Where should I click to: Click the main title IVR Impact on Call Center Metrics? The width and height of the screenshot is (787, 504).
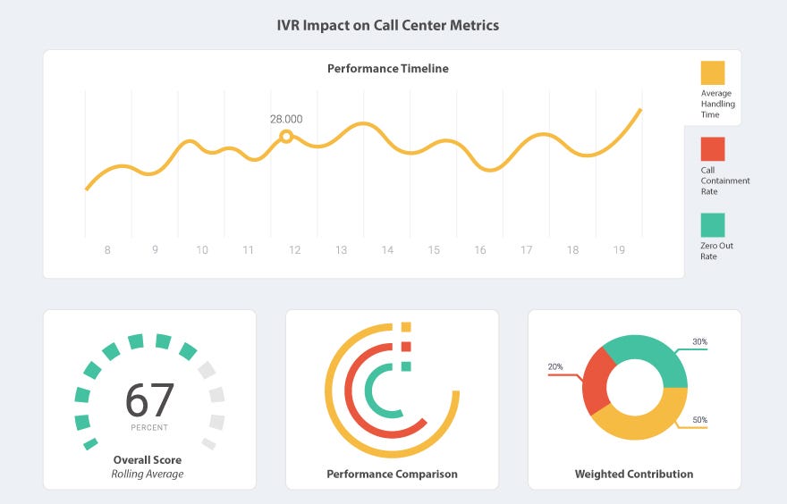pyautogui.click(x=388, y=25)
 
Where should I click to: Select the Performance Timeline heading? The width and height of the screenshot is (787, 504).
pyautogui.click(x=388, y=69)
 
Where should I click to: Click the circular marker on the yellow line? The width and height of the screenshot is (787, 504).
pyautogui.click(x=286, y=137)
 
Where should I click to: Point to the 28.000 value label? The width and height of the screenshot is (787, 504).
pyautogui.click(x=286, y=119)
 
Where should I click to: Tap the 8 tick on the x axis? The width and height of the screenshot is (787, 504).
pyautogui.click(x=107, y=250)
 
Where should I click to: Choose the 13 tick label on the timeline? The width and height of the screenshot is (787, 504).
pyautogui.click(x=341, y=250)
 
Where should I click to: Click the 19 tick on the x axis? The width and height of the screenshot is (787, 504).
pyautogui.click(x=619, y=250)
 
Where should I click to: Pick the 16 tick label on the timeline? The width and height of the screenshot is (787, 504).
pyautogui.click(x=480, y=250)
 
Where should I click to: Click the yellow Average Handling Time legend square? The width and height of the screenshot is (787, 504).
pyautogui.click(x=713, y=72)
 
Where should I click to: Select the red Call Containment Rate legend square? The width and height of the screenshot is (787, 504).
pyautogui.click(x=713, y=148)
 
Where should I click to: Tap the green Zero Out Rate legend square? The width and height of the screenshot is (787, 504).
pyautogui.click(x=713, y=224)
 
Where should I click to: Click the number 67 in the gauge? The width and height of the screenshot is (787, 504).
pyautogui.click(x=149, y=400)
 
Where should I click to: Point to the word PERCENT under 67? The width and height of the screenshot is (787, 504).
pyautogui.click(x=149, y=427)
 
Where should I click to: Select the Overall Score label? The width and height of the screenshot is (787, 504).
pyautogui.click(x=148, y=459)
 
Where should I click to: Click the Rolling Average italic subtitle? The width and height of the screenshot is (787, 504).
pyautogui.click(x=148, y=474)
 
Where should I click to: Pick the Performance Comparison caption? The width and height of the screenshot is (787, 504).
pyautogui.click(x=392, y=474)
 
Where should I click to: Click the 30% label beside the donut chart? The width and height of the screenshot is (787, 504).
pyautogui.click(x=699, y=341)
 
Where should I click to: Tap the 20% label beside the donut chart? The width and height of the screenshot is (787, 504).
pyautogui.click(x=555, y=367)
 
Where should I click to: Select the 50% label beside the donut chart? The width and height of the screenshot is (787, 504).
pyautogui.click(x=699, y=419)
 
